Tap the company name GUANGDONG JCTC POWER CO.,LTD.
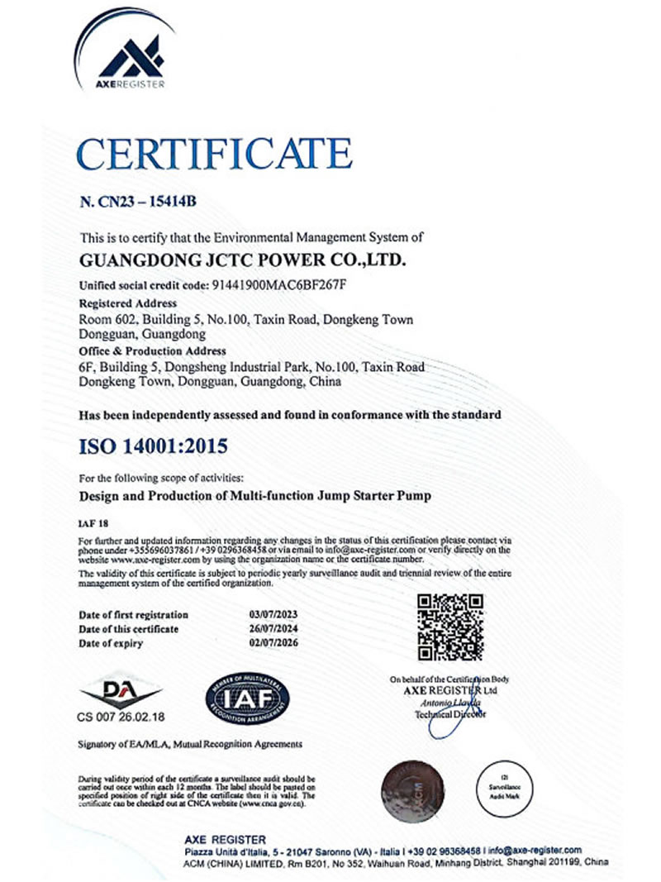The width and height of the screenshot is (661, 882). pos(242,260)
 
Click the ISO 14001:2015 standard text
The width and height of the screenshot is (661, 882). pos(152,447)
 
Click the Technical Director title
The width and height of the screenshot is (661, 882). pos(450,713)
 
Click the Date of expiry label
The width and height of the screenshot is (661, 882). pos(111,643)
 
